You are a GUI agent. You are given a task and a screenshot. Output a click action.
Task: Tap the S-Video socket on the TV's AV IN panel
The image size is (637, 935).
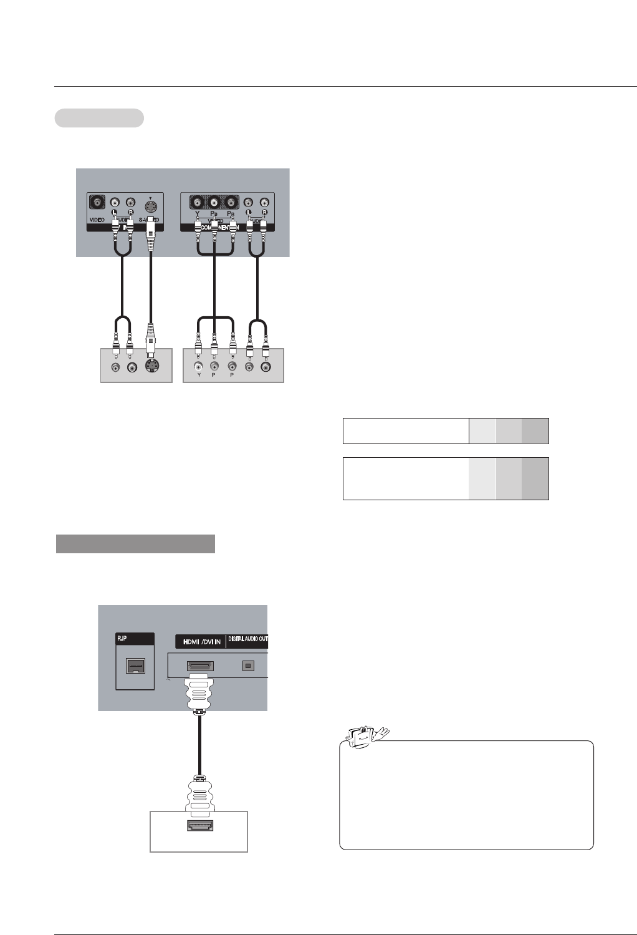click(150, 205)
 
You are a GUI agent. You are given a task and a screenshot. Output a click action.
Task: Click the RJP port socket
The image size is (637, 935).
click(135, 667)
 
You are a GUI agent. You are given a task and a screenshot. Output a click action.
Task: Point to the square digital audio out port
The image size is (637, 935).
click(248, 666)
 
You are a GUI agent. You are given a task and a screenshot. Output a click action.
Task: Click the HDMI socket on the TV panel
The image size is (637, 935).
click(198, 666)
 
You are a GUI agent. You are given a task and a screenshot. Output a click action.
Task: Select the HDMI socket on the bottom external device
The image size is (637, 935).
click(198, 826)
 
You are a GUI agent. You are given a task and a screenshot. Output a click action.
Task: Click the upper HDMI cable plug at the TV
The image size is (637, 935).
click(198, 692)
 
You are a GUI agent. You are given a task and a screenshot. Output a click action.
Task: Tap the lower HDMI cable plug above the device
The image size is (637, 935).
click(198, 796)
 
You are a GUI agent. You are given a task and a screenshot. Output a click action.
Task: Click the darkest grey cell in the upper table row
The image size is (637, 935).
click(535, 430)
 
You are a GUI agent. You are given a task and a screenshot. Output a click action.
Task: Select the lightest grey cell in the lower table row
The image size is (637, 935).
click(482, 478)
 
